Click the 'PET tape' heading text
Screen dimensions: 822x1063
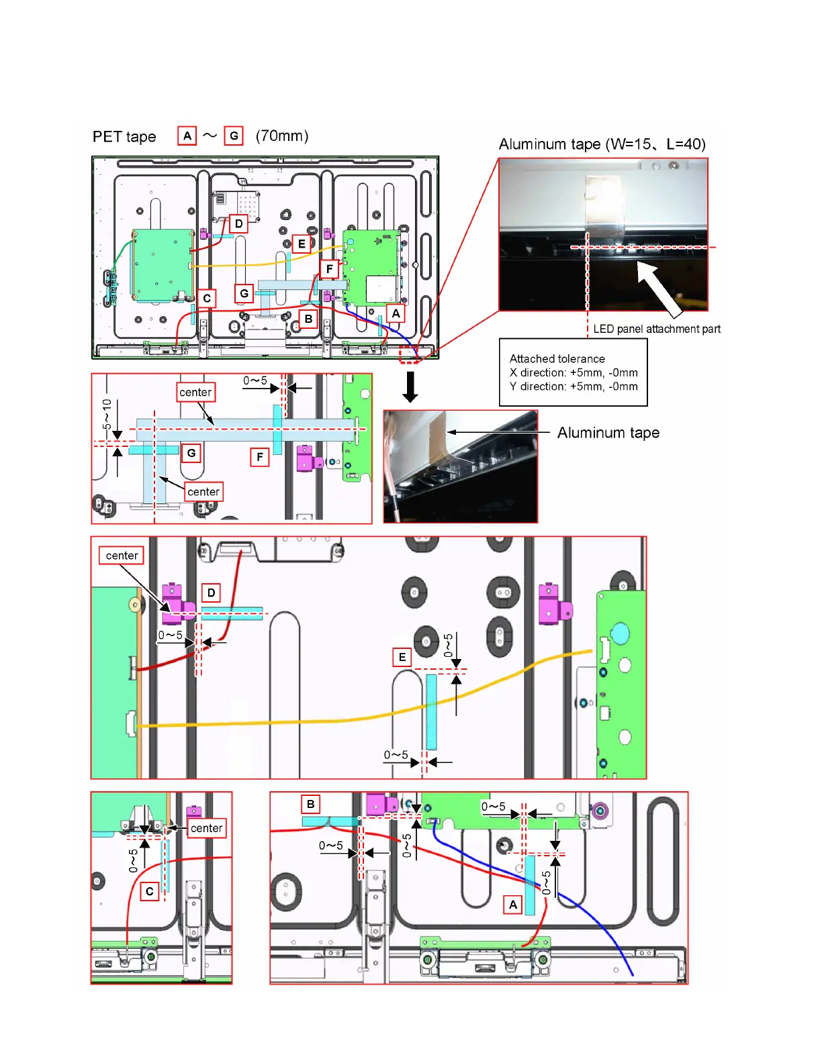click(x=124, y=137)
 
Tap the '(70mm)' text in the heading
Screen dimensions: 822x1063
click(x=282, y=136)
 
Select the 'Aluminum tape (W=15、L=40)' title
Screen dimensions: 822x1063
click(x=602, y=144)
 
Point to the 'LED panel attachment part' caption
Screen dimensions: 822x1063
click(x=656, y=329)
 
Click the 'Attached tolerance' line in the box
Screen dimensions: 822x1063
click(x=557, y=359)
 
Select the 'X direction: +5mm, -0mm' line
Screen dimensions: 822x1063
click(x=573, y=372)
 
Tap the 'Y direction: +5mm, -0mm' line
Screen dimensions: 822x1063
click(x=573, y=387)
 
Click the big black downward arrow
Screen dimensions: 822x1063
click(x=410, y=387)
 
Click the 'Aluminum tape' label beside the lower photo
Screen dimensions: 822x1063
click(x=608, y=433)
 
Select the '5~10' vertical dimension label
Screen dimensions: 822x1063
click(x=107, y=414)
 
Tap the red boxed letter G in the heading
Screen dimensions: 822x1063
click(x=234, y=136)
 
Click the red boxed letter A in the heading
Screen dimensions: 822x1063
click(x=187, y=136)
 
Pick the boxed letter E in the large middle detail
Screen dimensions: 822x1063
click(x=402, y=657)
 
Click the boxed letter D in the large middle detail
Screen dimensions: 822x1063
click(x=211, y=593)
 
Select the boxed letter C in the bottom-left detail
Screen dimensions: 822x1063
click(x=150, y=891)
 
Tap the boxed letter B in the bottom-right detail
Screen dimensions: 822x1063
click(x=310, y=804)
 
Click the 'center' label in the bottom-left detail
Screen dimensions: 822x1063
click(x=206, y=828)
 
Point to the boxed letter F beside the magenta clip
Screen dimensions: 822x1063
click(x=259, y=457)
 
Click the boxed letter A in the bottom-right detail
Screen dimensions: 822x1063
click(x=513, y=905)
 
